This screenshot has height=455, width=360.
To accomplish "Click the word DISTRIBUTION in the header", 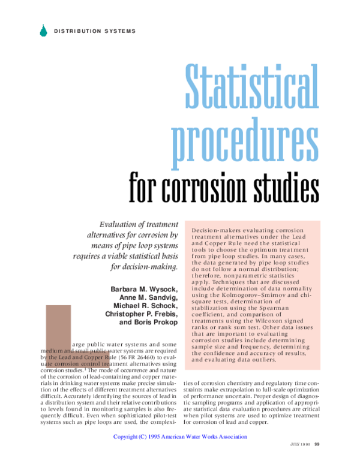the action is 75,31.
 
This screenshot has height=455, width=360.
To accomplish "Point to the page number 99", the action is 317,444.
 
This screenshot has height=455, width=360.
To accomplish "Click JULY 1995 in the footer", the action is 300,444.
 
